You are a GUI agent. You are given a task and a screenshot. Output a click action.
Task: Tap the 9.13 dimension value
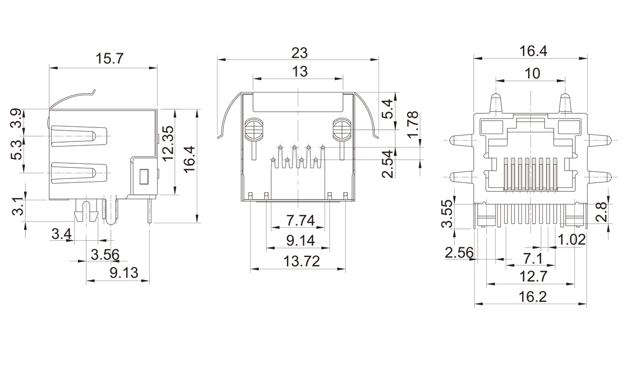click(x=122, y=273)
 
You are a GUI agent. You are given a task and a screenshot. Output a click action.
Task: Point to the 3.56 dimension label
click(x=105, y=255)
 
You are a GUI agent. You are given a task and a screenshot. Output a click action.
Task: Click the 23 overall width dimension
click(x=299, y=53)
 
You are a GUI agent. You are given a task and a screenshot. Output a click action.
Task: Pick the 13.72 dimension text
click(x=301, y=261)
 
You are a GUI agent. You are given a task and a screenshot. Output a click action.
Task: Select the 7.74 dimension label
click(x=300, y=219)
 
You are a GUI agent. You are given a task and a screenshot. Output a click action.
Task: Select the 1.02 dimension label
click(x=572, y=240)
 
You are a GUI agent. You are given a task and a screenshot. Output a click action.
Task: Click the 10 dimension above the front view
click(x=532, y=73)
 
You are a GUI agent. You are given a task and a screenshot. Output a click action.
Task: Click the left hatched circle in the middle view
click(x=254, y=130)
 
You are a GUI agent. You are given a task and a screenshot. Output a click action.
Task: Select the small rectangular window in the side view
click(x=144, y=177)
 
